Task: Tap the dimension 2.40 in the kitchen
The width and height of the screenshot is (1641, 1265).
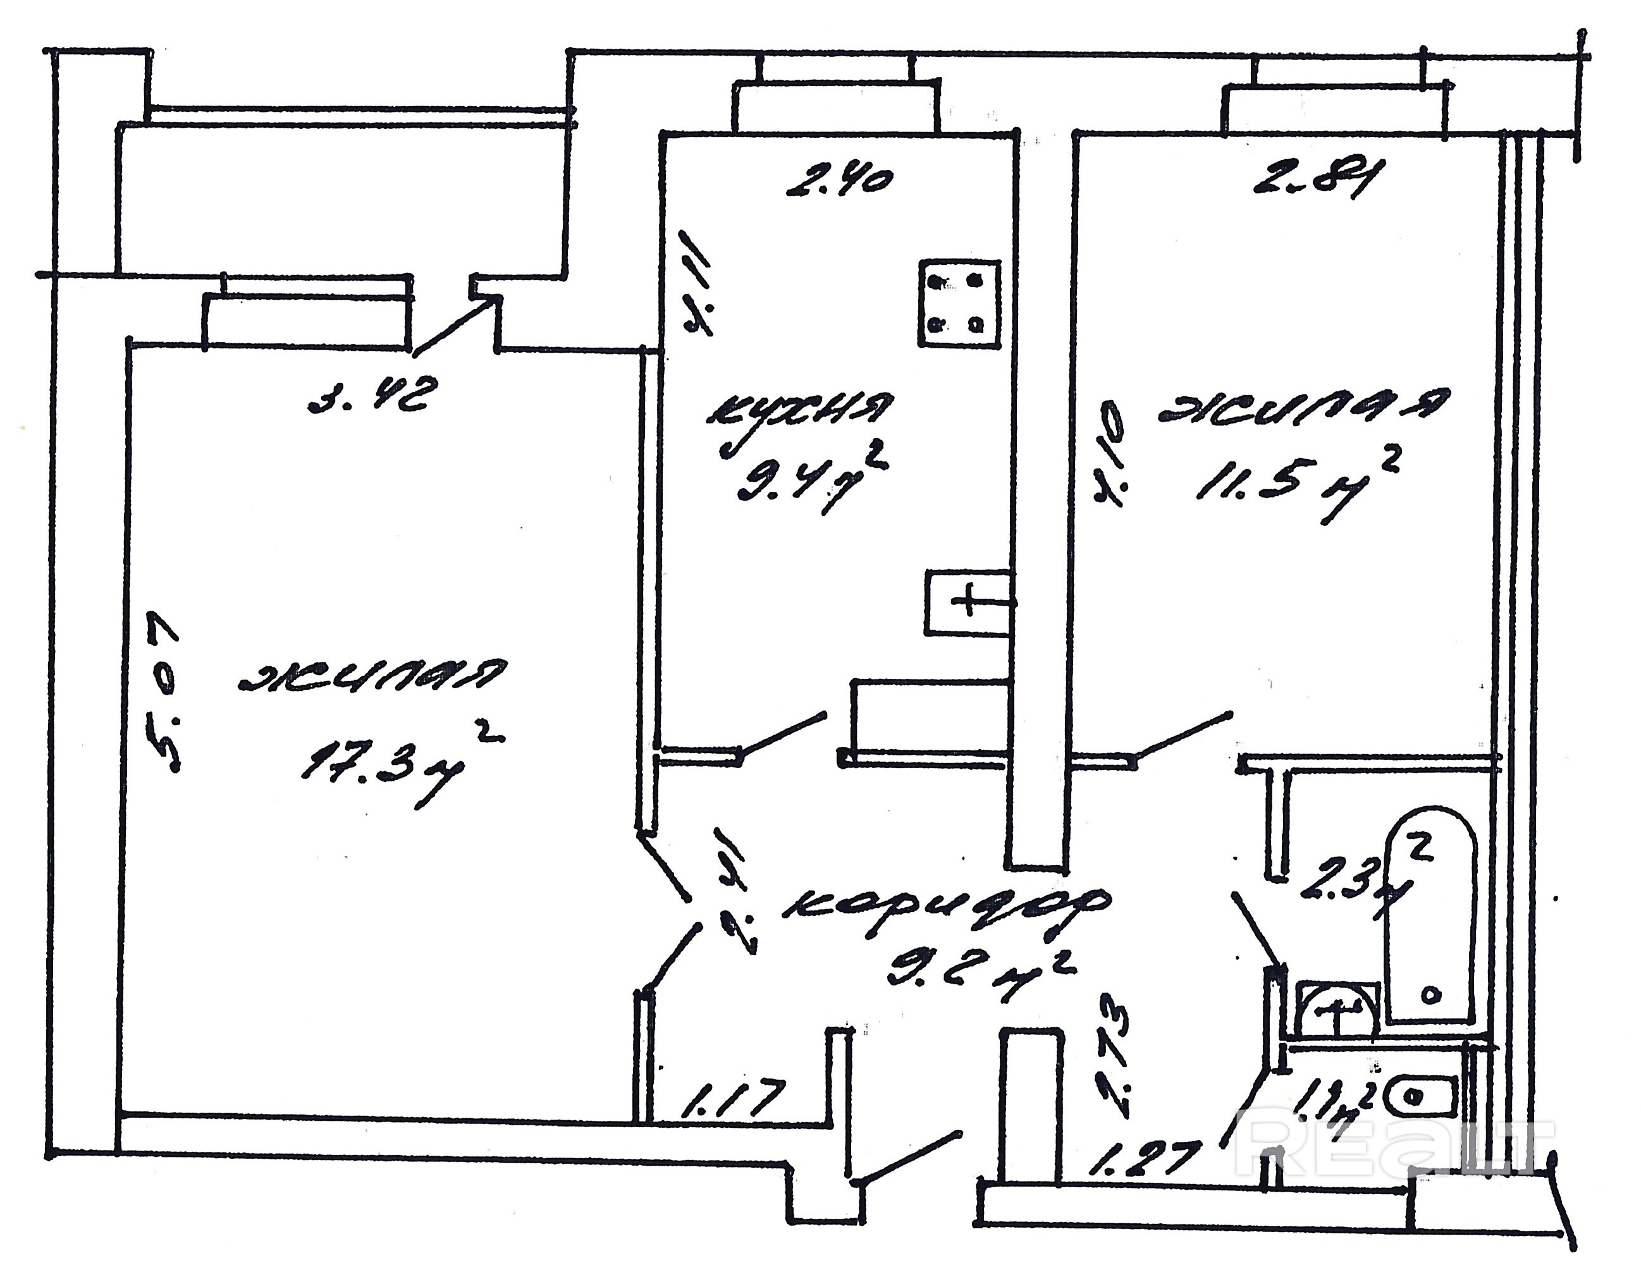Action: point(839,183)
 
